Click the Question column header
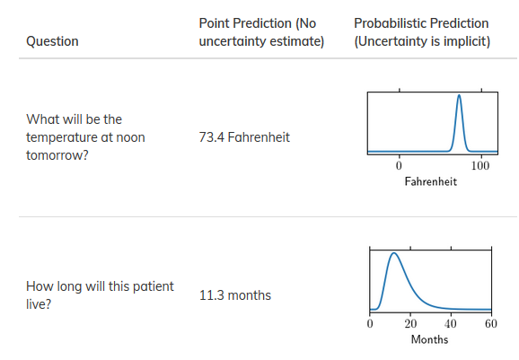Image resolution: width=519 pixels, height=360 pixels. pyautogui.click(x=52, y=41)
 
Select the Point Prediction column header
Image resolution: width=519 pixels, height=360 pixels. pyautogui.click(x=261, y=32)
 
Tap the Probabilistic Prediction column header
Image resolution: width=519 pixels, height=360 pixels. pyautogui.click(x=421, y=32)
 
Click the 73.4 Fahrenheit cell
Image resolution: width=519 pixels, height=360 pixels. pyautogui.click(x=244, y=137)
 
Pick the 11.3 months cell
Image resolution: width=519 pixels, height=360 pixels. pyautogui.click(x=235, y=295)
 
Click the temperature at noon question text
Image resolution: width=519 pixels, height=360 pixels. pyautogui.click(x=85, y=137)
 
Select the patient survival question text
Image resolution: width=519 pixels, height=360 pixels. pyautogui.click(x=100, y=295)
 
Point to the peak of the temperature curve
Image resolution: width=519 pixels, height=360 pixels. pyautogui.click(x=459, y=96)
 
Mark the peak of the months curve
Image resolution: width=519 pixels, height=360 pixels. pyautogui.click(x=392, y=254)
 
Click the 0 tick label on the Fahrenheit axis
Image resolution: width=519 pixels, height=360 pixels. pyautogui.click(x=399, y=166)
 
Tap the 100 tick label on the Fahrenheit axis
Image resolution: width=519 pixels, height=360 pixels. pyautogui.click(x=479, y=166)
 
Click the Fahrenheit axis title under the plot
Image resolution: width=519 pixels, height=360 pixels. pyautogui.click(x=430, y=181)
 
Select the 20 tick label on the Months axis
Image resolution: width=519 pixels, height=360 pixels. pyautogui.click(x=410, y=324)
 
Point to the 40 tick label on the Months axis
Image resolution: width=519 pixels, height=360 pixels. pyautogui.click(x=451, y=324)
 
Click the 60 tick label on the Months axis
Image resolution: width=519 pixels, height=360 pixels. pyautogui.click(x=490, y=324)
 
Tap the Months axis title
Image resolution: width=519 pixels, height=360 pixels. pyautogui.click(x=429, y=339)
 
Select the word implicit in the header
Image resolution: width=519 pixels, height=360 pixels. pyautogui.click(x=462, y=41)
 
